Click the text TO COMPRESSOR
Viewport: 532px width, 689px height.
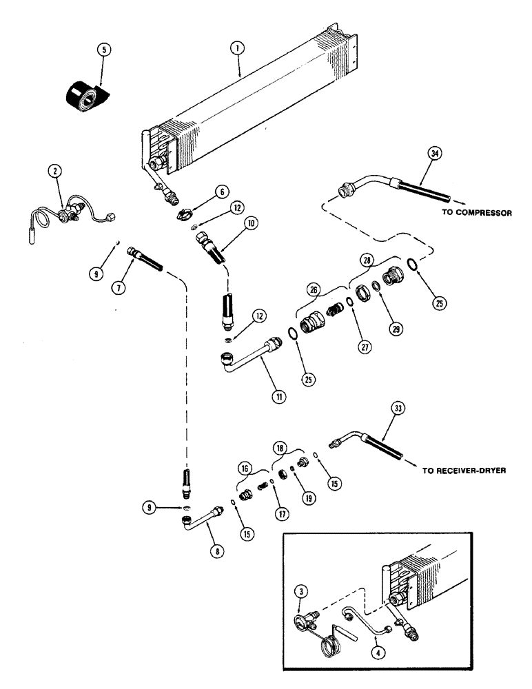[476, 213]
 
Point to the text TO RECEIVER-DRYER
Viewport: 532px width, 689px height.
[464, 472]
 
